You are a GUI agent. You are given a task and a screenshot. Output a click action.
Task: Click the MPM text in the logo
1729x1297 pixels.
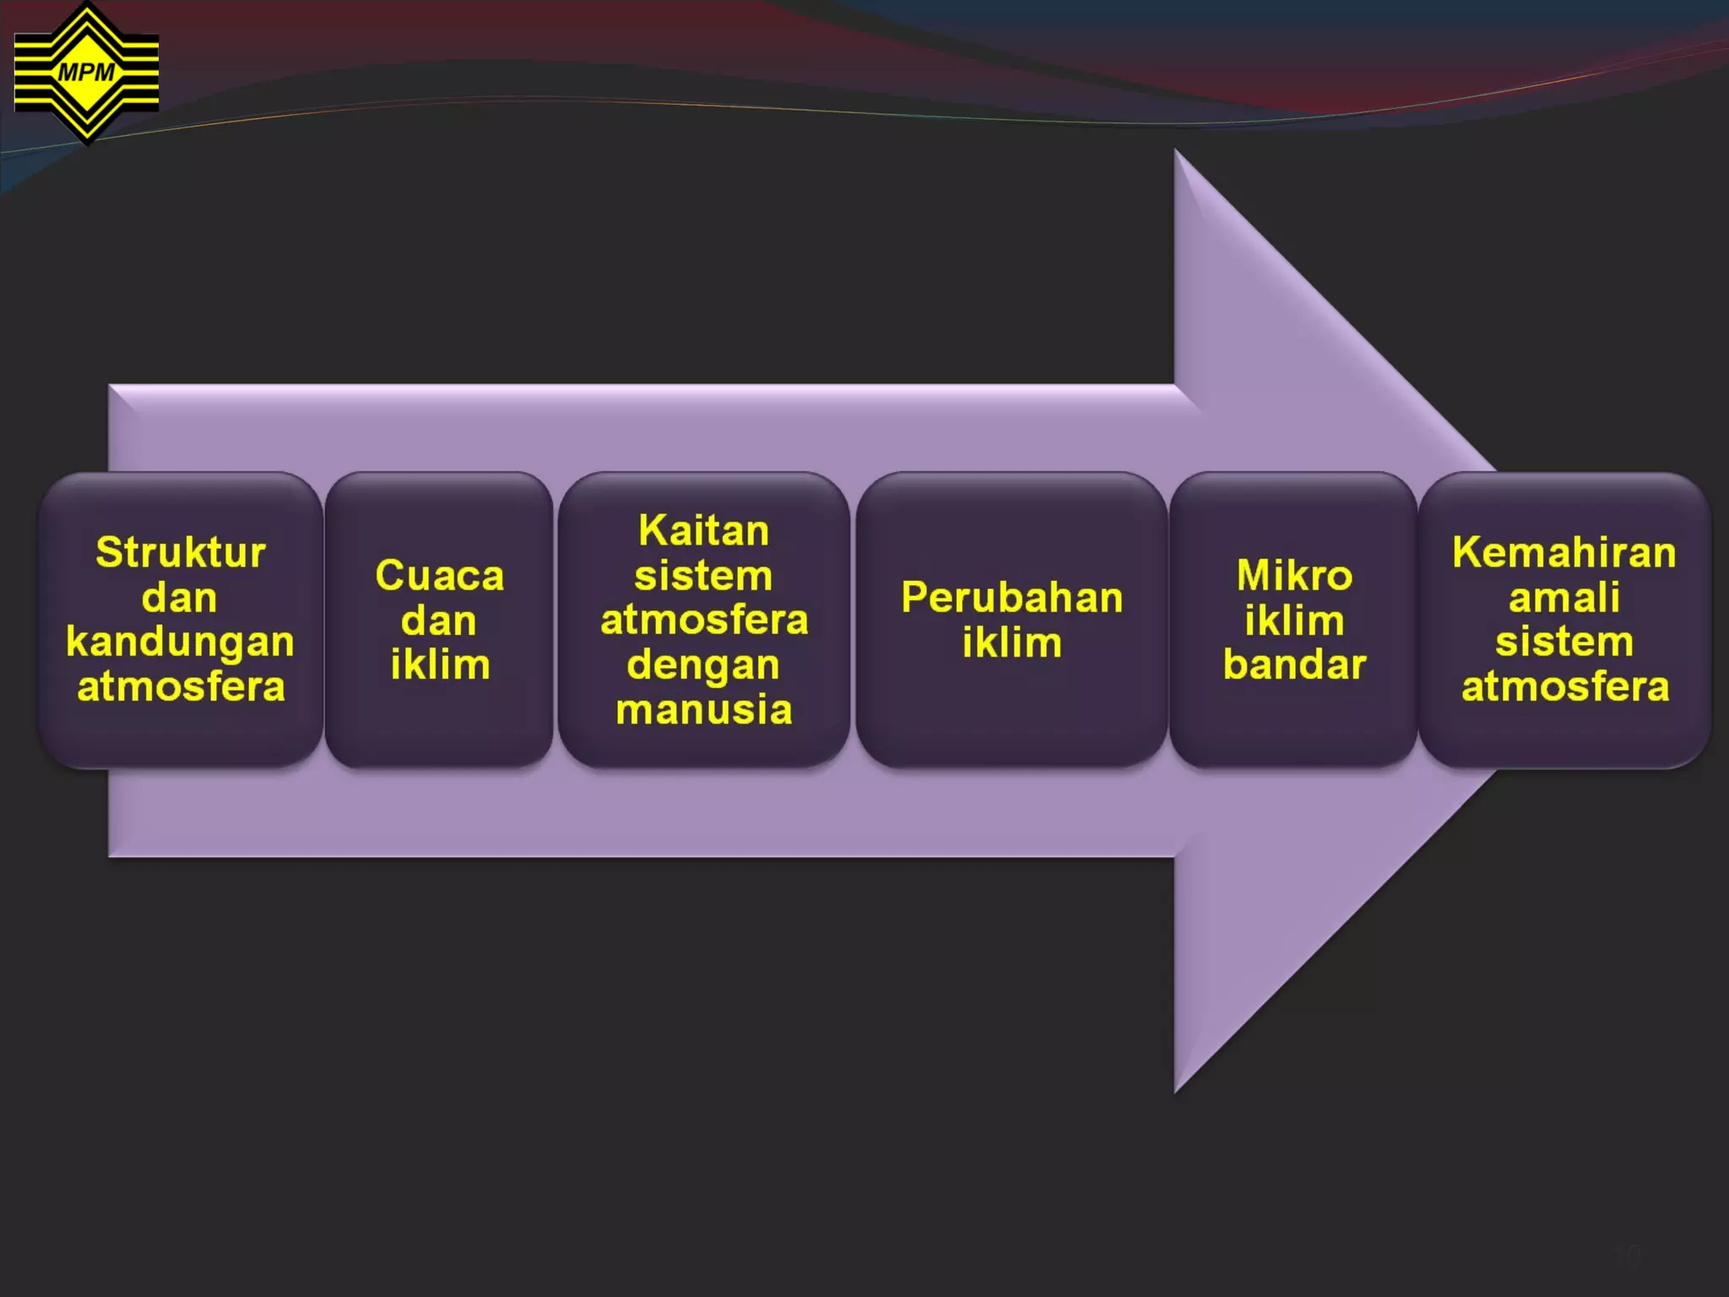[x=86, y=73]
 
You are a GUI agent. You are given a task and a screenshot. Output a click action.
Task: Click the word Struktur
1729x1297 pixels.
[x=181, y=553]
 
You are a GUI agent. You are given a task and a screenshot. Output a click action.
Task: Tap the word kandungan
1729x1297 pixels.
[x=181, y=643]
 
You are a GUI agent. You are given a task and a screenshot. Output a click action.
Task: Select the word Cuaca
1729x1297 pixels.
[x=440, y=576]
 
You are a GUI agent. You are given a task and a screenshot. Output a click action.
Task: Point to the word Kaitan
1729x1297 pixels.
[x=704, y=531]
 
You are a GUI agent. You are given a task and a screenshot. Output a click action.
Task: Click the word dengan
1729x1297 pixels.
[x=703, y=665]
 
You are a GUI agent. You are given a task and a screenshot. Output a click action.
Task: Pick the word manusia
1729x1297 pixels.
[x=704, y=710]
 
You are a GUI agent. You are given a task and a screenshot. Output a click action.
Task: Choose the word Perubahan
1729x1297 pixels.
[x=1012, y=598]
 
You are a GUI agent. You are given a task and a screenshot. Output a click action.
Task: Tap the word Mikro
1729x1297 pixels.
[x=1294, y=576]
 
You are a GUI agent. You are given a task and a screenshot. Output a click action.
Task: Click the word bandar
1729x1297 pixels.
[x=1294, y=665]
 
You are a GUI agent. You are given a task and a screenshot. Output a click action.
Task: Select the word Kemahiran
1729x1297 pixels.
[x=1564, y=553]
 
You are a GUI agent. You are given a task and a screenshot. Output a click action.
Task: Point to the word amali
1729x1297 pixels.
[x=1564, y=598]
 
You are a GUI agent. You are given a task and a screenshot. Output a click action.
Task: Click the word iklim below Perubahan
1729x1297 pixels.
[x=1012, y=643]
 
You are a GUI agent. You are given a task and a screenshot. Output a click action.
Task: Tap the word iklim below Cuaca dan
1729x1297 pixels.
[x=440, y=665]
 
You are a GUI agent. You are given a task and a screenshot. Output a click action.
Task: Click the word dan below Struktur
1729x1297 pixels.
[x=180, y=598]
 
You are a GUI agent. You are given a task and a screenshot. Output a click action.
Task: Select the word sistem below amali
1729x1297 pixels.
[x=1564, y=643]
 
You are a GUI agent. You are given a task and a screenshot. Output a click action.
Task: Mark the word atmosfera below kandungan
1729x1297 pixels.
[x=181, y=687]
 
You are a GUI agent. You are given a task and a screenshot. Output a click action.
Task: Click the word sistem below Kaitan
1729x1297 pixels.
[x=703, y=576]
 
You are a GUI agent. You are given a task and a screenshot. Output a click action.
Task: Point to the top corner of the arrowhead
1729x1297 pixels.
[x=1176, y=152]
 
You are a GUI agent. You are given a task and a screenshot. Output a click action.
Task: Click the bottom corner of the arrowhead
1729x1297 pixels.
[x=1176, y=1091]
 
